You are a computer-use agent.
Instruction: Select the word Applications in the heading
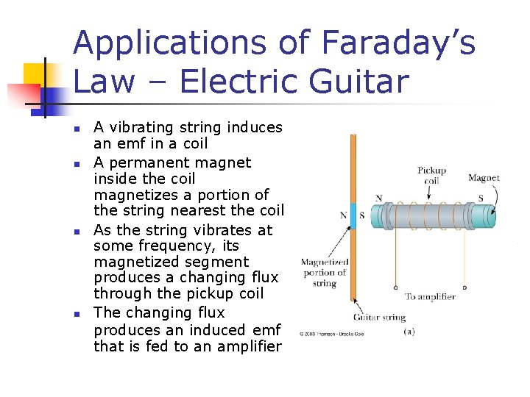(163, 43)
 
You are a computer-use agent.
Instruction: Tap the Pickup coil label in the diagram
(432, 175)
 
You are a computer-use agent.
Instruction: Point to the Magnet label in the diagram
(484, 178)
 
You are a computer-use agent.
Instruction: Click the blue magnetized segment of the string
(353, 215)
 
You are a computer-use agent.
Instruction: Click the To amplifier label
(430, 297)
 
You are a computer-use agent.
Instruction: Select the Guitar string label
(379, 318)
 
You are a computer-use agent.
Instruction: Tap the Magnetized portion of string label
(324, 273)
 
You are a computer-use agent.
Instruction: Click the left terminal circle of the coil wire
(395, 287)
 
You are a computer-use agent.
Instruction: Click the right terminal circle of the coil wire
(464, 287)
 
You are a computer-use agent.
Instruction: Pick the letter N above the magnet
(378, 198)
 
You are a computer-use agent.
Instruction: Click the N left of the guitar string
(343, 215)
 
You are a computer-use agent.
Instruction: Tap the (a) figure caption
(409, 331)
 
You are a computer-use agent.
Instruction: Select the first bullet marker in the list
(77, 129)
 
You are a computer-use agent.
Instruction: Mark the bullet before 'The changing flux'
(77, 315)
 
